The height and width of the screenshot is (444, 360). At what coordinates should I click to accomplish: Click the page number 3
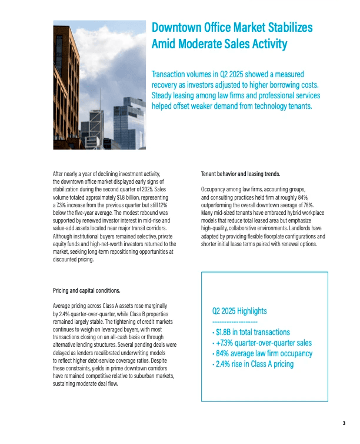coord(344,422)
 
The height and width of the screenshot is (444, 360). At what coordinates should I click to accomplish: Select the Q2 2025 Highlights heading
coord(239,311)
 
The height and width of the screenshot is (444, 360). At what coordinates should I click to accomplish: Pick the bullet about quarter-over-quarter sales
coord(262,343)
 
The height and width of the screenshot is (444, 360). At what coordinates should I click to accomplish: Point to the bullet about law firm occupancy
coord(261,353)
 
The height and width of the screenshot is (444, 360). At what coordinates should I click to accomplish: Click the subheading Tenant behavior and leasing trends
coord(241,174)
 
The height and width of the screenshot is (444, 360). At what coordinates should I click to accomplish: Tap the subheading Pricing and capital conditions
coord(86,291)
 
